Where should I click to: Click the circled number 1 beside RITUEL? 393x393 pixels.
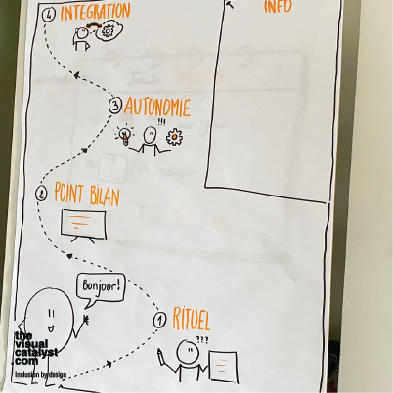[159, 320]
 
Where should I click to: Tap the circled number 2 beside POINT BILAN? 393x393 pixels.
[41, 194]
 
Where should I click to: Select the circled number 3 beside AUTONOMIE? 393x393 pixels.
[115, 106]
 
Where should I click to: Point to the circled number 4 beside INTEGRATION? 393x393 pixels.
[49, 16]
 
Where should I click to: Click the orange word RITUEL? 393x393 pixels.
[191, 319]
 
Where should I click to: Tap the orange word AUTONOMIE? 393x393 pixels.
[156, 107]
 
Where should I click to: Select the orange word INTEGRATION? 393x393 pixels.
[95, 12]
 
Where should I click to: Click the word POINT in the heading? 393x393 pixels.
[68, 193]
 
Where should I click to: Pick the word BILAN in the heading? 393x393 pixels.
[105, 196]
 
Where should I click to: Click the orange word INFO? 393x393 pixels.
[278, 7]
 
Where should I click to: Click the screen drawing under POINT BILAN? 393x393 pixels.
[84, 225]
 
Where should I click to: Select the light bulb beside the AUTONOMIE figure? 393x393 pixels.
[124, 135]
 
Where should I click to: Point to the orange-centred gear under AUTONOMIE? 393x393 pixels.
[174, 137]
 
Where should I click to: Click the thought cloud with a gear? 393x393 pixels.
[109, 31]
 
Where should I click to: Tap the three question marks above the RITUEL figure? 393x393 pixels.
[202, 340]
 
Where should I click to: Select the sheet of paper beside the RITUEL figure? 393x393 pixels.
[223, 366]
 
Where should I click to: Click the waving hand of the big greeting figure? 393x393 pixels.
[86, 320]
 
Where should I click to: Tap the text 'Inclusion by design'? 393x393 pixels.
[41, 375]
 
